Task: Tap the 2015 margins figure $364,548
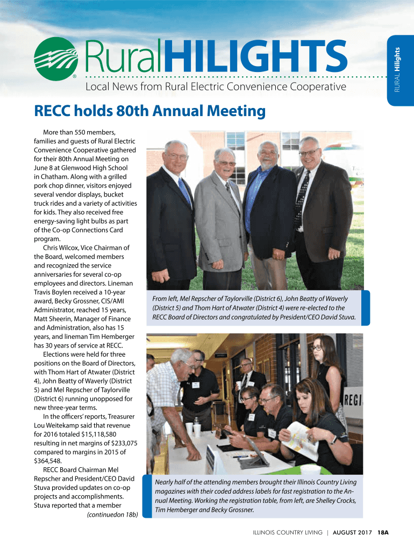[47, 460]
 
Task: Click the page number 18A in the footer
[383, 532]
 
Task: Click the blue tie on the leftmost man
[185, 193]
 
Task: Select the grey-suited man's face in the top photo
[224, 161]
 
